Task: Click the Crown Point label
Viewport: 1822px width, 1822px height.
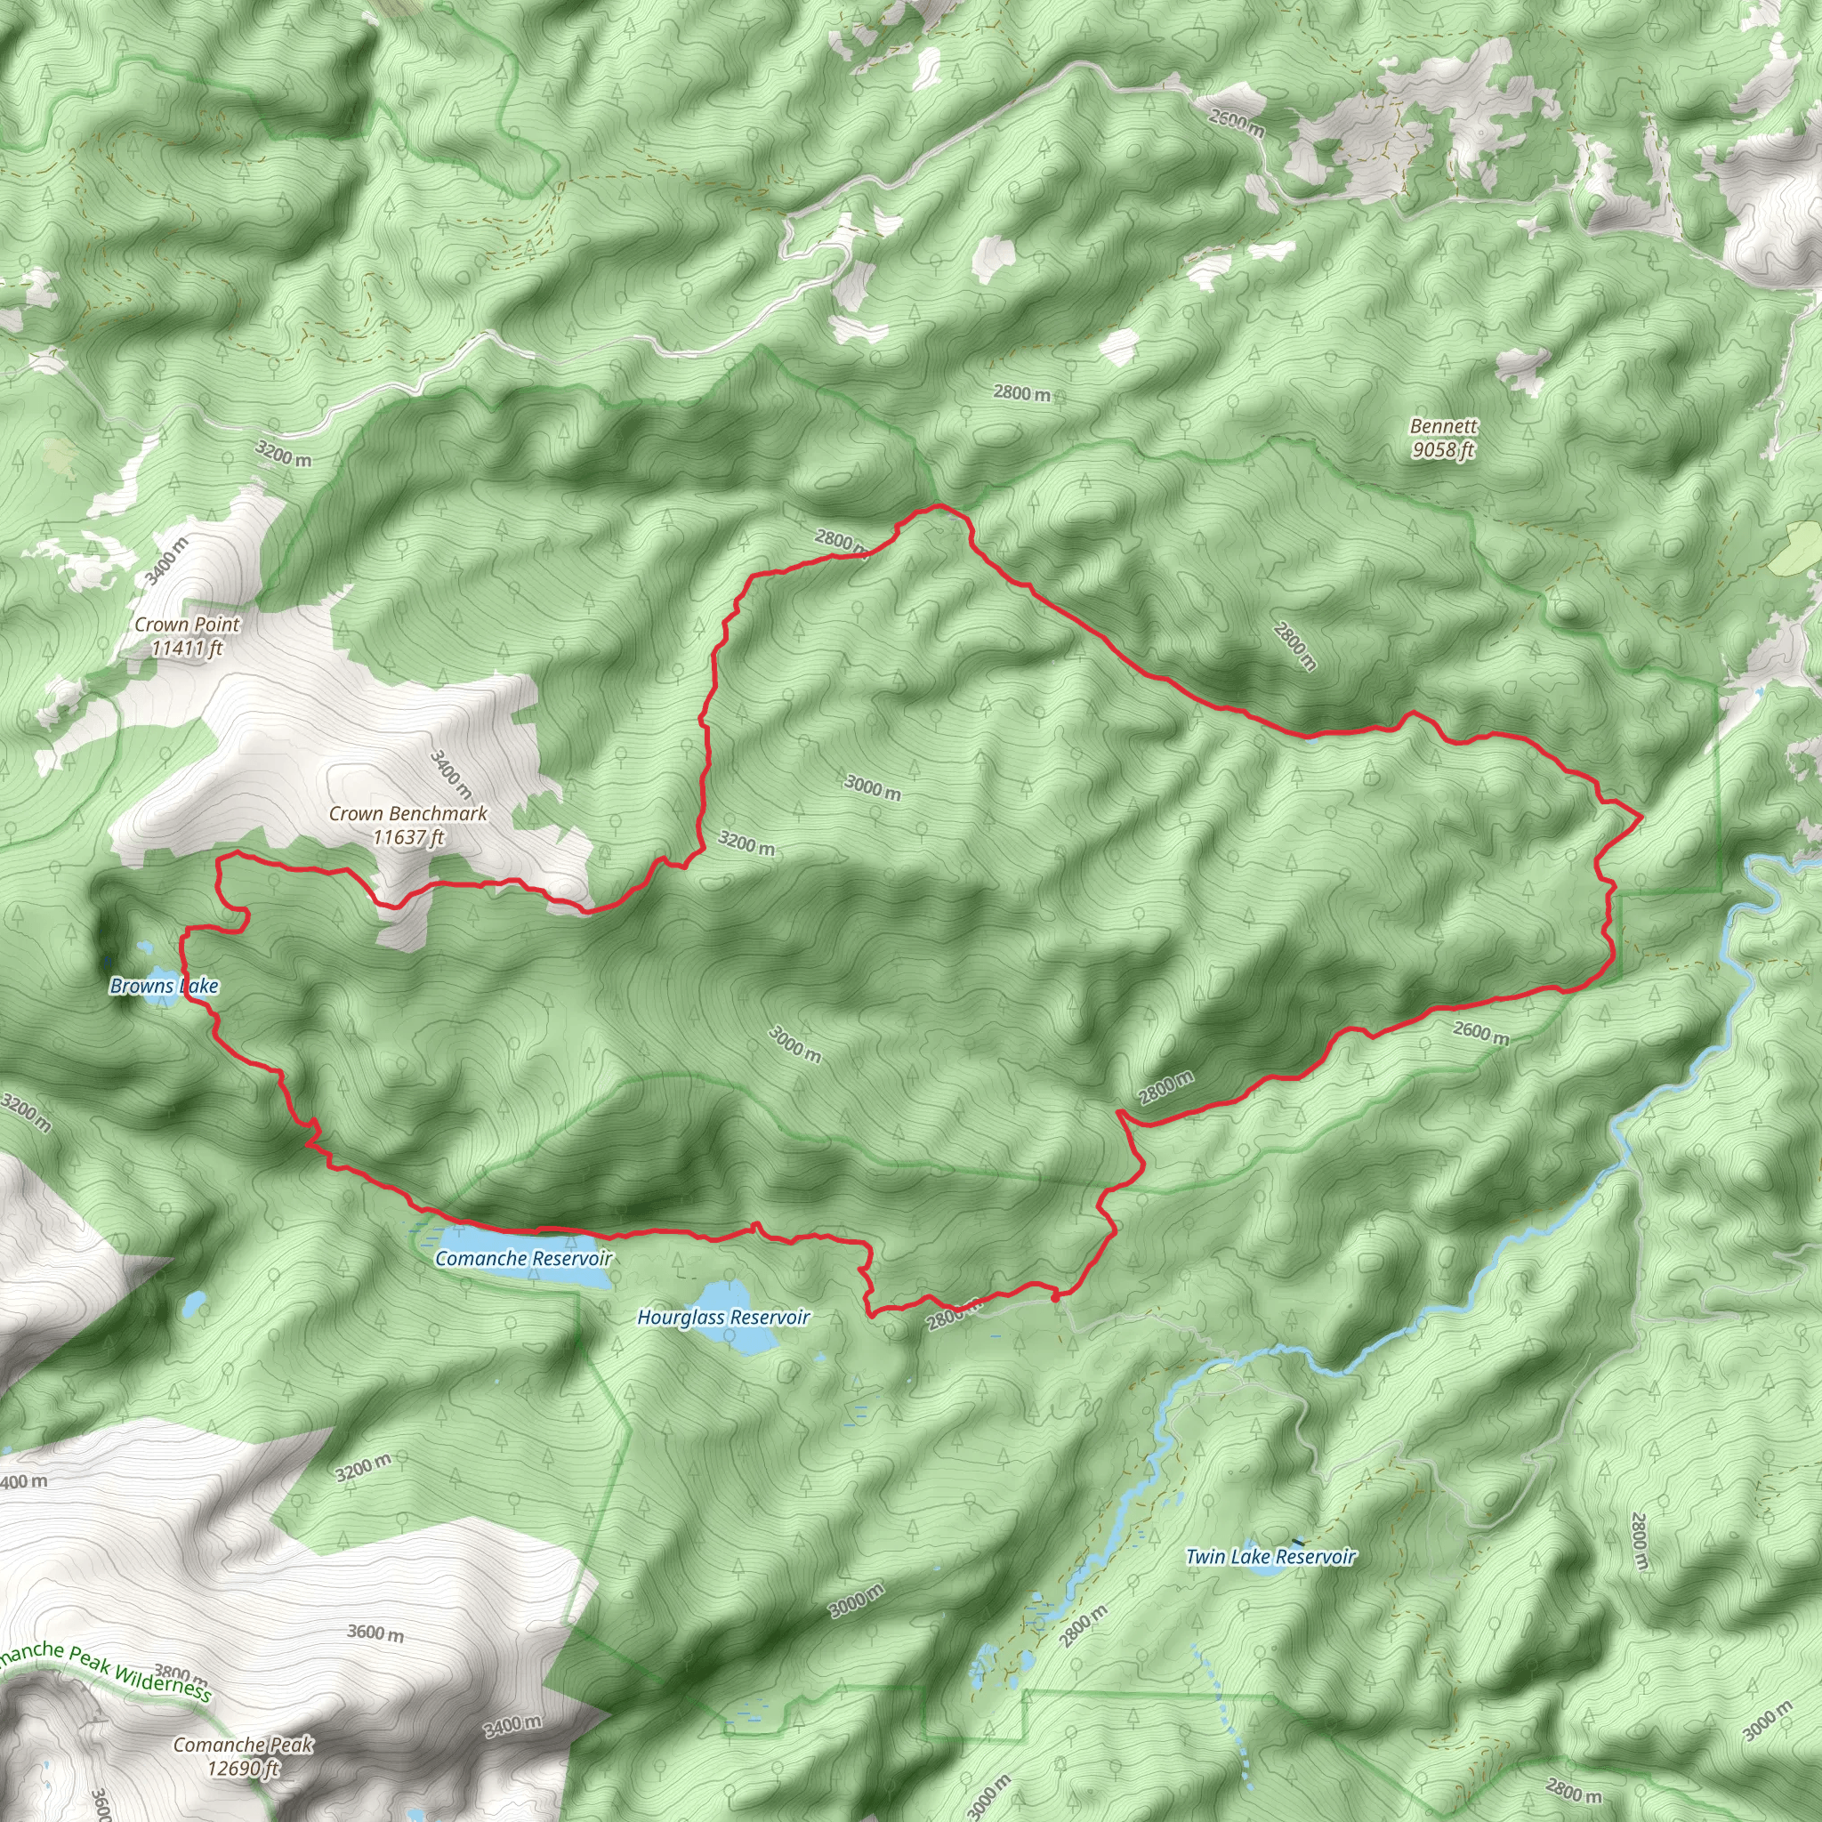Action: [x=187, y=635]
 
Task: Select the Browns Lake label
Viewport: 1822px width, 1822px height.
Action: [x=164, y=987]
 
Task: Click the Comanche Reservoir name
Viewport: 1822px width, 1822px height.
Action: [x=523, y=1258]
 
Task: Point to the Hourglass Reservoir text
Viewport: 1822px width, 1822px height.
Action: [x=723, y=1318]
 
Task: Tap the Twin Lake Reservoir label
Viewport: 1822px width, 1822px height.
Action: [x=1270, y=1556]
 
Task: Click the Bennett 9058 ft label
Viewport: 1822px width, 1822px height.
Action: [x=1443, y=439]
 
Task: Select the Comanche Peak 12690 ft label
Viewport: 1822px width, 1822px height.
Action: [x=243, y=1756]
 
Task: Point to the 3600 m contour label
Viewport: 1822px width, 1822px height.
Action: [x=375, y=1633]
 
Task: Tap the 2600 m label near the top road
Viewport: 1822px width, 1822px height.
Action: [x=1237, y=123]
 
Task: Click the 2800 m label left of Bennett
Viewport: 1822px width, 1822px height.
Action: [x=1021, y=393]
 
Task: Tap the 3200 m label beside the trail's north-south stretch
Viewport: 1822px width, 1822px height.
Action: [x=746, y=843]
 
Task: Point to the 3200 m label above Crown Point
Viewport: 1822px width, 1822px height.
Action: [x=283, y=454]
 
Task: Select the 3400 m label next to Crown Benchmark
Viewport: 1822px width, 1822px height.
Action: [x=451, y=775]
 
